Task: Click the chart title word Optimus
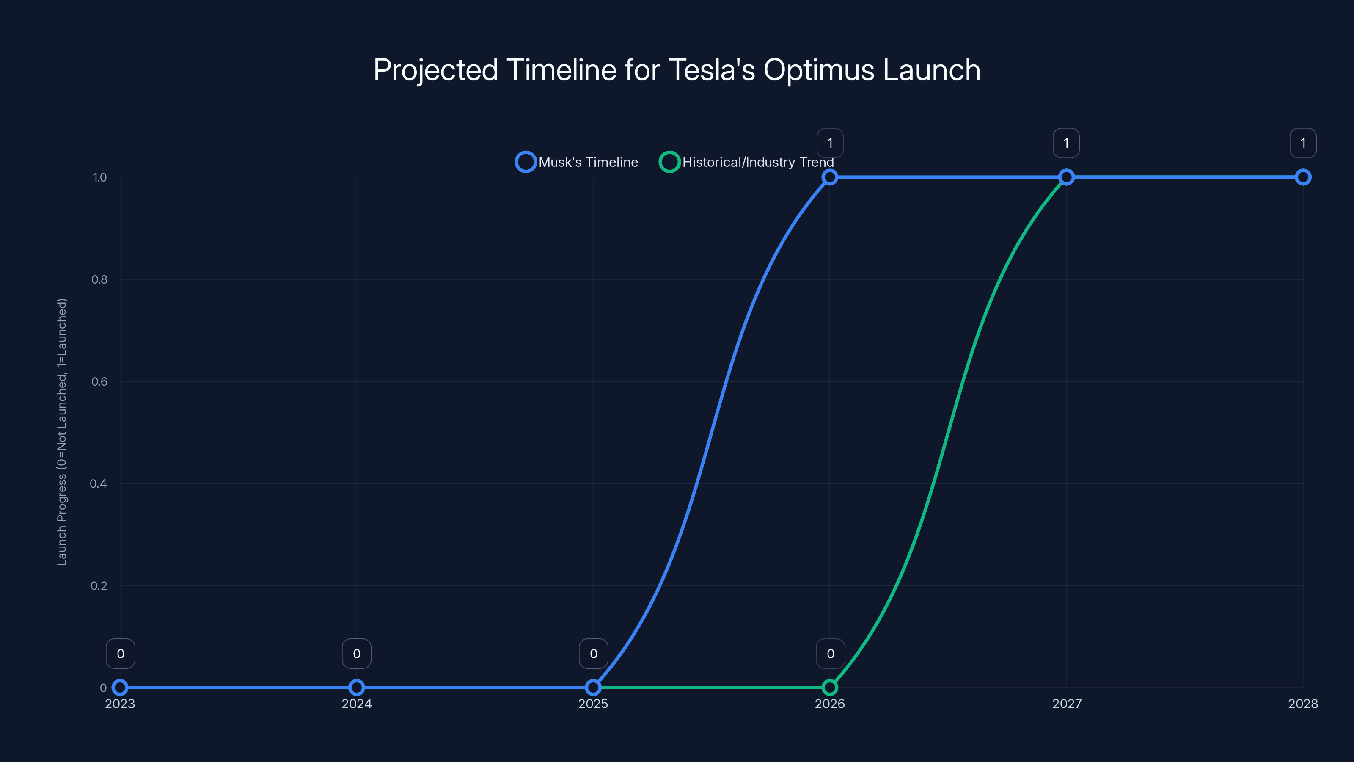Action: click(x=819, y=70)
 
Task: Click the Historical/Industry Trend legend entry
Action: click(x=746, y=162)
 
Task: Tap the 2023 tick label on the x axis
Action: click(x=120, y=704)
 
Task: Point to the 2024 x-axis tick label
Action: click(x=356, y=704)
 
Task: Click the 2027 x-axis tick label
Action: click(x=1066, y=704)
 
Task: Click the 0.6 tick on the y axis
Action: click(x=99, y=381)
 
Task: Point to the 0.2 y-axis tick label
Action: click(x=99, y=585)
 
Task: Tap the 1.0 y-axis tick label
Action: click(x=99, y=177)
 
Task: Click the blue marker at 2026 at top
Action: click(x=829, y=177)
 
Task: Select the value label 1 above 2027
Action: click(x=1066, y=143)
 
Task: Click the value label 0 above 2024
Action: click(x=356, y=654)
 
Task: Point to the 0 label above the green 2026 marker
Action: click(x=830, y=654)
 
